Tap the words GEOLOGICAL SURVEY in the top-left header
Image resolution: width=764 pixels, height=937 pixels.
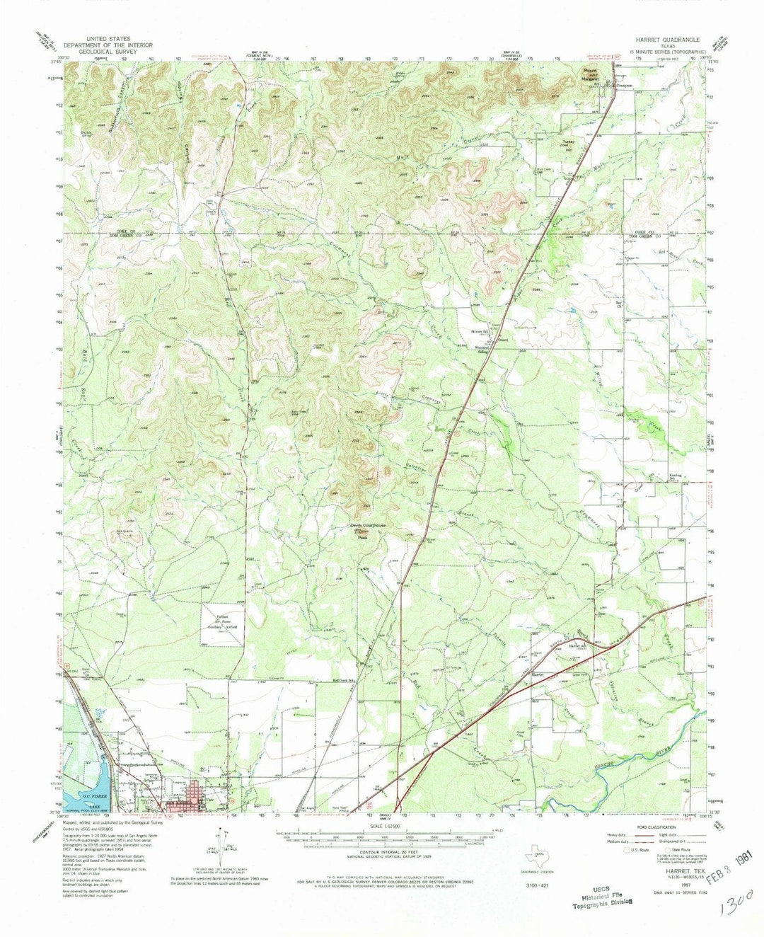[x=98, y=48]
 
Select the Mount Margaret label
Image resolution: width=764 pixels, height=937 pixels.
[x=591, y=74]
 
